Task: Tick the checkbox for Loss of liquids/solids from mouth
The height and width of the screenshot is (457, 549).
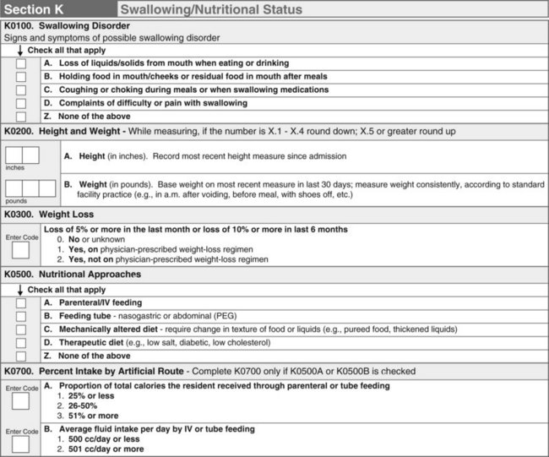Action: click(x=21, y=64)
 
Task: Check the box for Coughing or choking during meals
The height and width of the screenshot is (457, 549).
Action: click(x=21, y=90)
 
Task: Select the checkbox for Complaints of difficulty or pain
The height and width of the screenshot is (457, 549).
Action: click(x=21, y=103)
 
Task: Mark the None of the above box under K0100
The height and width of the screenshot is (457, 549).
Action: click(x=21, y=116)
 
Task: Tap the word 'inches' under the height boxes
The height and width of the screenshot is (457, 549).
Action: click(x=15, y=166)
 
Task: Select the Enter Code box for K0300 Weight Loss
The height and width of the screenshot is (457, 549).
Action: click(x=20, y=250)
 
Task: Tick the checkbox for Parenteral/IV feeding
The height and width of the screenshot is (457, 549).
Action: click(x=21, y=303)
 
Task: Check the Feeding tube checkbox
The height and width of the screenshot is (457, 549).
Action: click(x=21, y=316)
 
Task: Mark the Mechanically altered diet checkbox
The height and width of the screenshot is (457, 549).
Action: click(x=21, y=329)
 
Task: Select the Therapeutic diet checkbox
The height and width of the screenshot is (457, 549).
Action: click(x=21, y=342)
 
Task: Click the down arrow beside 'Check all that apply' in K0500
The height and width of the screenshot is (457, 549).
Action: click(x=19, y=289)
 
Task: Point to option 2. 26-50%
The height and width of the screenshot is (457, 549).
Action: click(x=79, y=405)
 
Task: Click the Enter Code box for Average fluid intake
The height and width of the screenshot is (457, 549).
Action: click(x=20, y=444)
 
